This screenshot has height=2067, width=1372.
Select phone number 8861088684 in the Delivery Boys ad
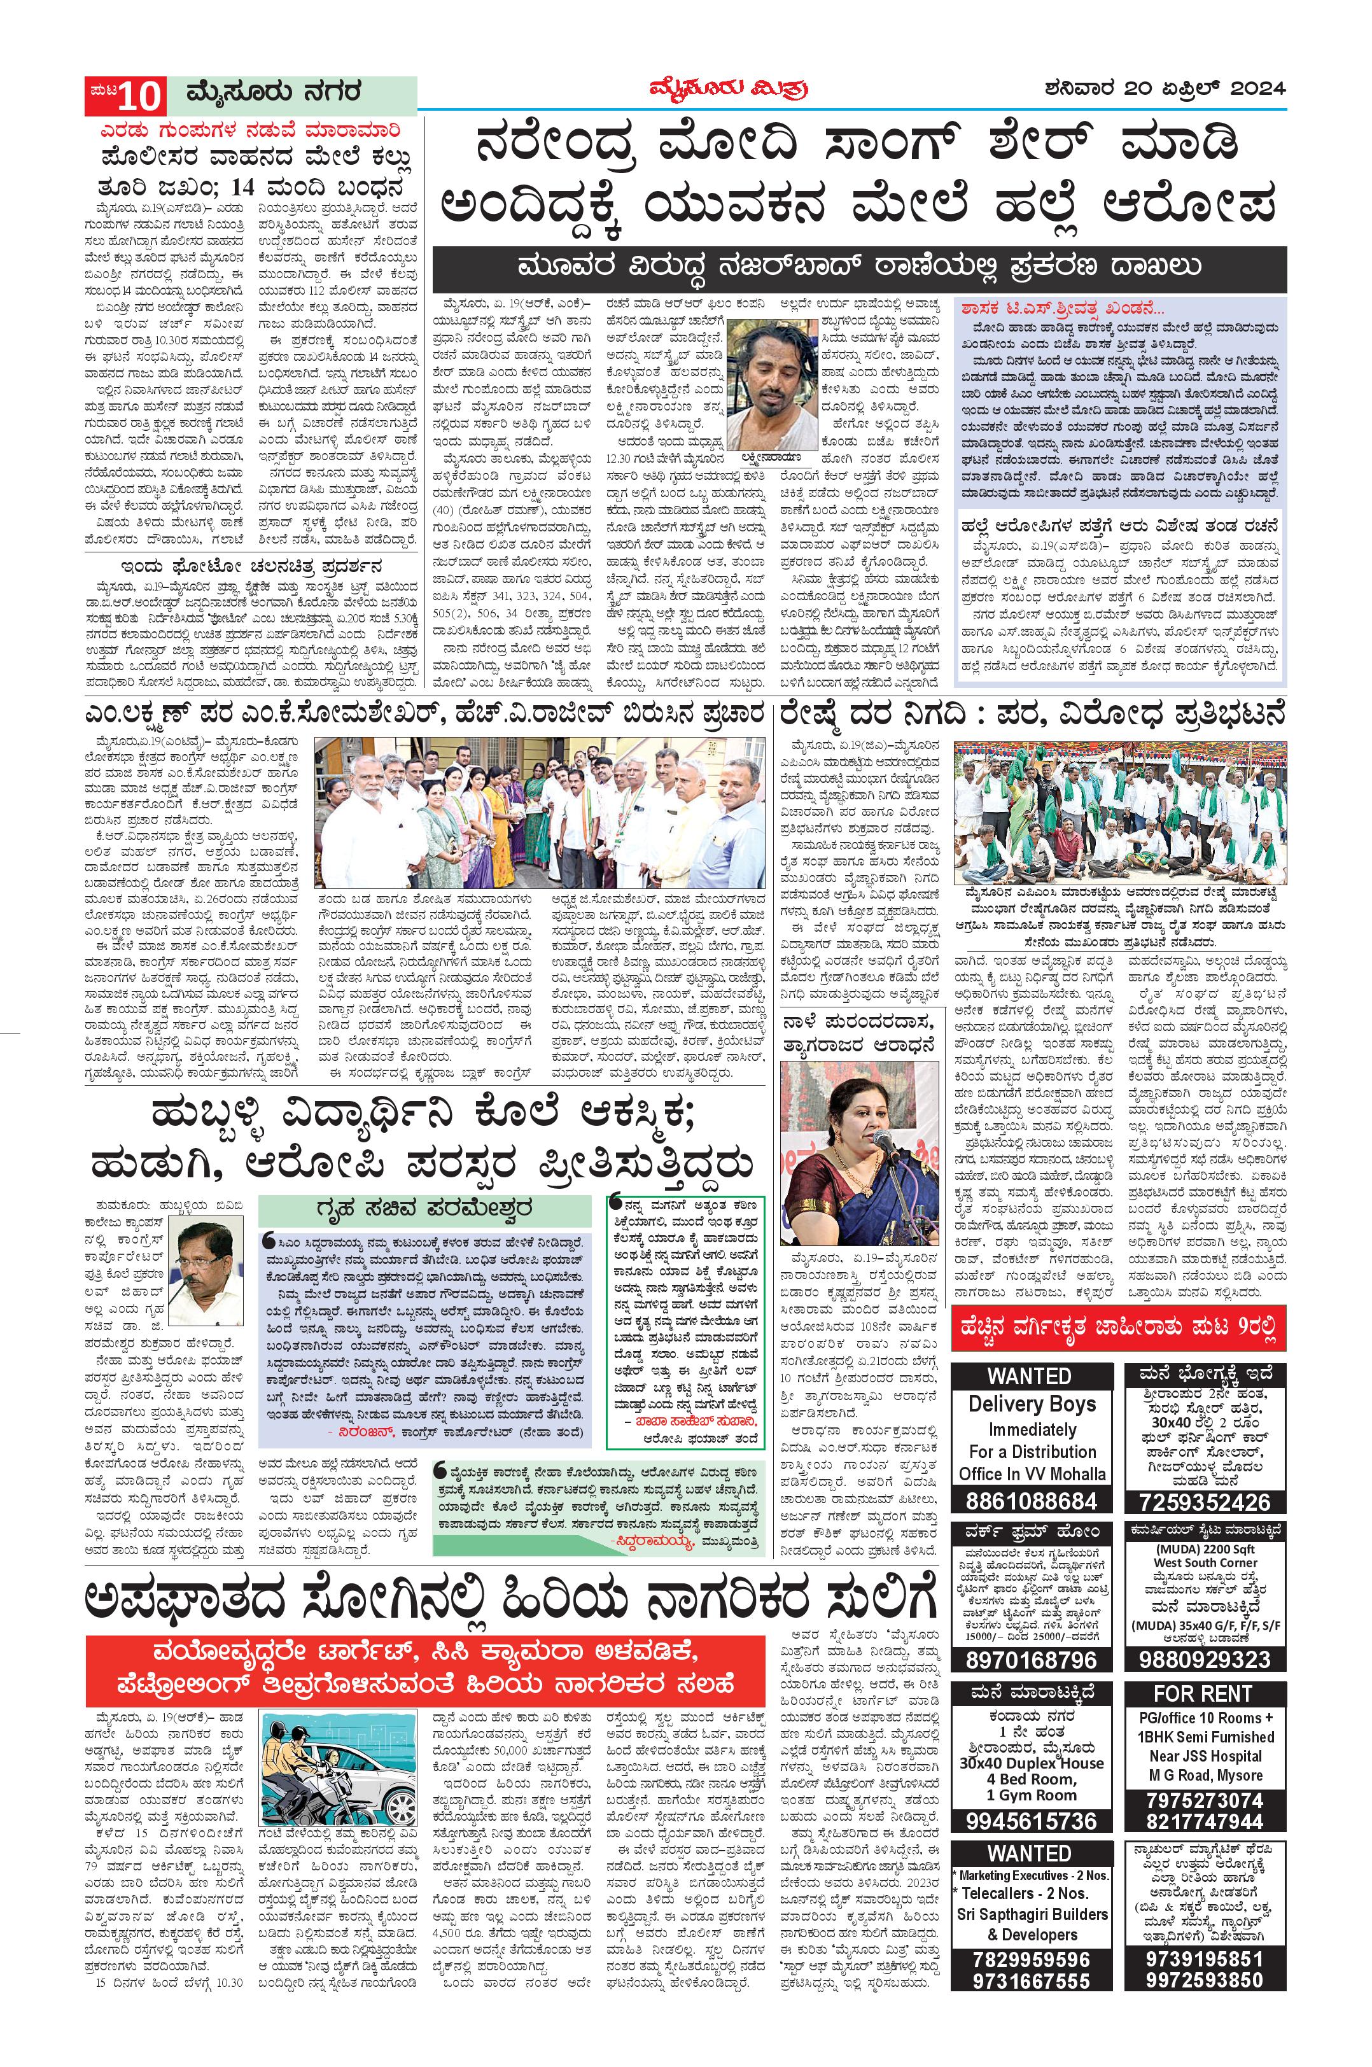[x=1032, y=1501]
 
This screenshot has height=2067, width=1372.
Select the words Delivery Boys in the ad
[x=1032, y=1405]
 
